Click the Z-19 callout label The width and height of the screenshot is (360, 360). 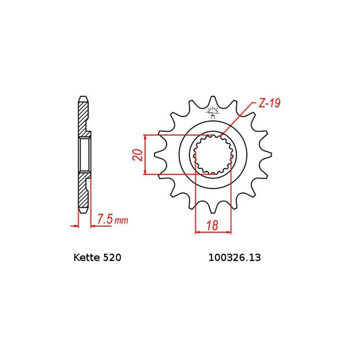click(270, 103)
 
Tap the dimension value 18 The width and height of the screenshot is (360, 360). click(213, 226)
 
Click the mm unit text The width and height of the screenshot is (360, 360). click(121, 221)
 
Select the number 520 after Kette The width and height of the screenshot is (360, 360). click(112, 258)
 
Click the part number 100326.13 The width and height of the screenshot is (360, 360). click(234, 258)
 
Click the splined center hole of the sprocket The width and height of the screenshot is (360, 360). click(213, 154)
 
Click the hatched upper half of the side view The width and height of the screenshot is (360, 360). click(83, 117)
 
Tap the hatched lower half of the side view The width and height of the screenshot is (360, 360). click(83, 191)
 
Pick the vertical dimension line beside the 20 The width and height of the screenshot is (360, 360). click(144, 154)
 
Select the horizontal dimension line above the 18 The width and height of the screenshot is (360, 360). click(213, 233)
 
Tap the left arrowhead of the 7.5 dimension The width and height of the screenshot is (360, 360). click(75, 225)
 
